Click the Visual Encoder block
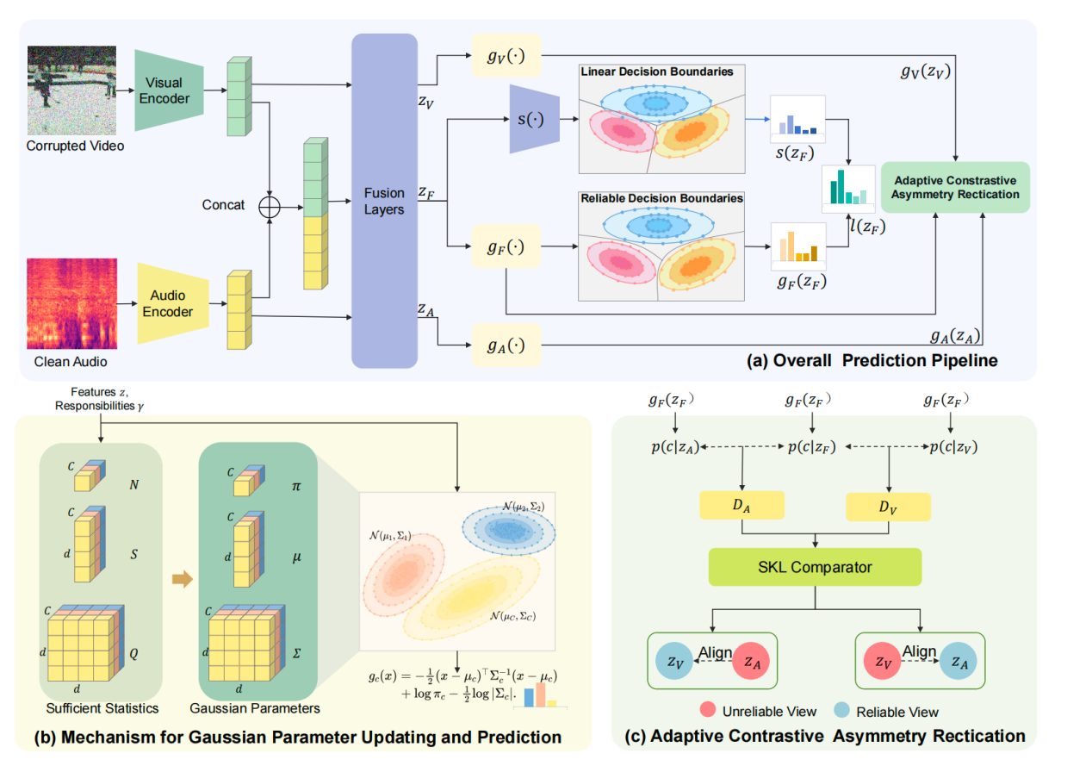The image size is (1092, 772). (169, 90)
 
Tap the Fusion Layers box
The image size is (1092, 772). (384, 200)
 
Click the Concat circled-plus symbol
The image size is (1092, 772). (272, 206)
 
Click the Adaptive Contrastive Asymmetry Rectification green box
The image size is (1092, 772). (955, 188)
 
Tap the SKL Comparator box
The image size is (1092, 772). (815, 567)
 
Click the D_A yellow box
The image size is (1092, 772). (741, 506)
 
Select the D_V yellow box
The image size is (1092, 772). (888, 507)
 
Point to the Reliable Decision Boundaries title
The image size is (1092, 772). (661, 198)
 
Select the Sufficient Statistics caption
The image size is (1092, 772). (102, 708)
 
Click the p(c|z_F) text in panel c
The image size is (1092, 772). (813, 448)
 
